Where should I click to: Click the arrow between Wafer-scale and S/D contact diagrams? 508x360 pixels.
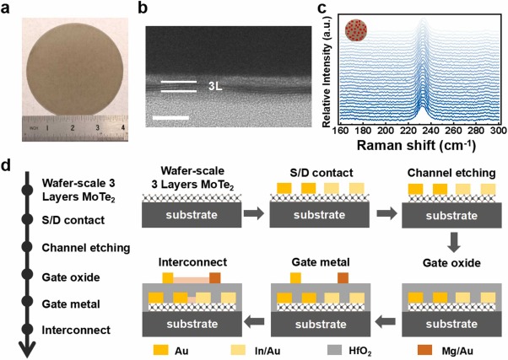pos(252,214)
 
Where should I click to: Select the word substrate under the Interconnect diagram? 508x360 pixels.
pos(195,320)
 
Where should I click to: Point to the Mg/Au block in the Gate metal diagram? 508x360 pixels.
pos(343,277)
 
